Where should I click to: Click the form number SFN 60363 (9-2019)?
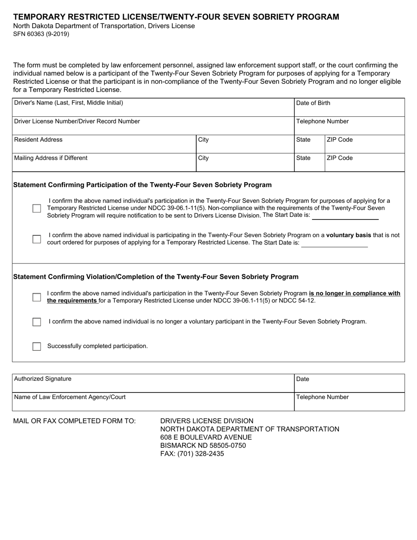[41, 34]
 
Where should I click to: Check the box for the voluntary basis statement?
[37, 239]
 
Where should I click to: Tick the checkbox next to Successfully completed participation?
[37, 346]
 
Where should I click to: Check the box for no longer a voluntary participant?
[37, 322]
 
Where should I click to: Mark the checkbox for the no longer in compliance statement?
[37, 297]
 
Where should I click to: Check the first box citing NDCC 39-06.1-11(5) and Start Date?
[37, 208]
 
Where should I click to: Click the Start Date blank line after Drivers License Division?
[345, 216]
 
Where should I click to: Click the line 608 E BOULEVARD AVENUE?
[206, 437]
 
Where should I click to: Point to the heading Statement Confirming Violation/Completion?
[156, 277]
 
